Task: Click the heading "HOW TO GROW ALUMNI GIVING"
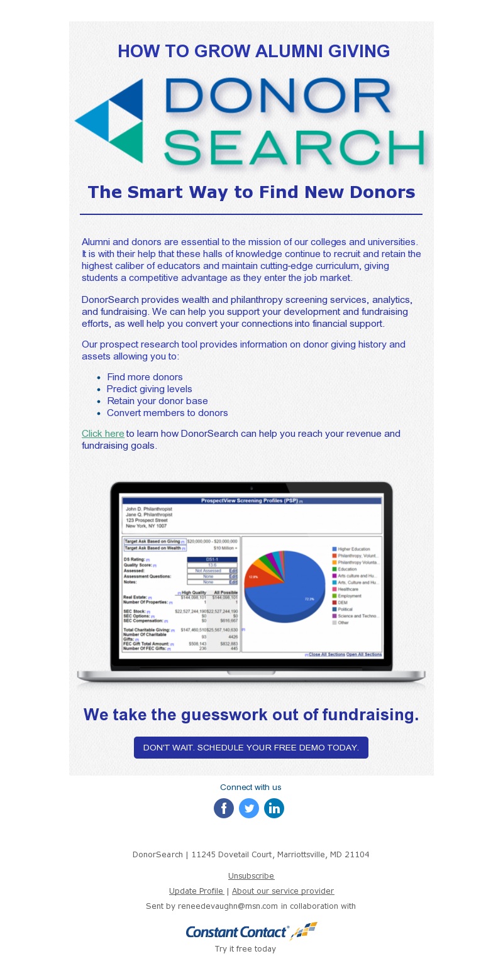point(253,52)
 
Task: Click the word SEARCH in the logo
point(294,147)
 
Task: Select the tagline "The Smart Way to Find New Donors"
point(251,192)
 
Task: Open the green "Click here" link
point(103,434)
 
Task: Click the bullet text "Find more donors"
point(145,377)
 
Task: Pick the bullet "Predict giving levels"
point(149,389)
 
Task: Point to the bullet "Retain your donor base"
point(157,401)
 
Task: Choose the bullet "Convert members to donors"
point(167,413)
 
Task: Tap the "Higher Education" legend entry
point(353,549)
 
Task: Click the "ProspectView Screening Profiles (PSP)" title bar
point(251,501)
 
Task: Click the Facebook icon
point(224,808)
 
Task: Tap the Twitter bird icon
point(249,808)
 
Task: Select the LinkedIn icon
point(274,808)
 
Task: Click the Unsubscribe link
point(251,875)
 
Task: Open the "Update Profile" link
point(196,891)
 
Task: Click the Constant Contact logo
point(251,931)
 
